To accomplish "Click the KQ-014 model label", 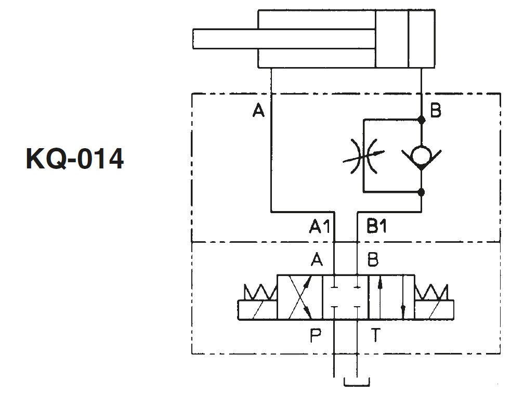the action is pos(75,159).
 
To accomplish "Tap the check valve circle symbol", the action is pos(421,155).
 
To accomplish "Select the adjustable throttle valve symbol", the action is pos(364,156).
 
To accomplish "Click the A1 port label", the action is pos(320,226).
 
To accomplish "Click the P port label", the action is pos(316,335).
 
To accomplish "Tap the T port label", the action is pos(376,335).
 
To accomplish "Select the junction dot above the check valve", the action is pos(422,120).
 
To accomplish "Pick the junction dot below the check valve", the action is pos(422,192).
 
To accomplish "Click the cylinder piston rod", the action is pos(284,39).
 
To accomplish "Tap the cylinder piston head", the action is pos(391,39).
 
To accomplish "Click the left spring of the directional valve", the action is pos(260,292).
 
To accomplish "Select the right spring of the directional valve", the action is pos(431,292).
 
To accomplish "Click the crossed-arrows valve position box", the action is pos(300,297).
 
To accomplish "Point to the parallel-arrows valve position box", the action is pos(391,297).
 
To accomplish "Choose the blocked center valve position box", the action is pos(346,297).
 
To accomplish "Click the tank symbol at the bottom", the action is pos(357,382).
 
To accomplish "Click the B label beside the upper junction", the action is pos(436,110).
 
